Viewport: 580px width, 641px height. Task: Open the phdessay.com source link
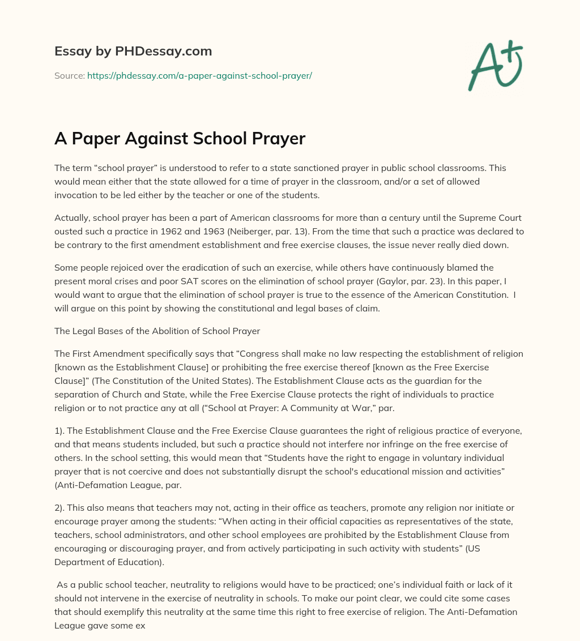pyautogui.click(x=199, y=75)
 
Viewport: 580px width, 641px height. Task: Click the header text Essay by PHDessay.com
pyautogui.click(x=133, y=51)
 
